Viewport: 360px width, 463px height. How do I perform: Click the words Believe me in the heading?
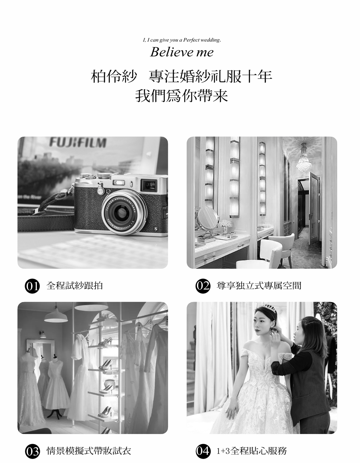182,52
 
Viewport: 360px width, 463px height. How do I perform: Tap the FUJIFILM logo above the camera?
77,142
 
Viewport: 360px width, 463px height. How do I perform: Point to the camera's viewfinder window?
149,185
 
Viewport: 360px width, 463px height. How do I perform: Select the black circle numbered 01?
32,286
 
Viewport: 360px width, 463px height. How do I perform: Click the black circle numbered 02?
203,286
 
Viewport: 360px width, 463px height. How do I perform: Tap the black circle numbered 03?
32,451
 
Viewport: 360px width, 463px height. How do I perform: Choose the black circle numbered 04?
203,451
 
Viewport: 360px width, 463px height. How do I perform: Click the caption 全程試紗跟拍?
75,286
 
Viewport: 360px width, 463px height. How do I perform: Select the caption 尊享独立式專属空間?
259,286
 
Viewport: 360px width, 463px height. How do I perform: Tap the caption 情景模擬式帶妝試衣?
88,451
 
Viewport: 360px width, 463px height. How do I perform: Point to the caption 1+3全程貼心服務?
252,451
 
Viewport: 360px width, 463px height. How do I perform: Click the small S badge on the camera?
156,229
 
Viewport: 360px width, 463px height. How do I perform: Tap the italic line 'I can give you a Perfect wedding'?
182,40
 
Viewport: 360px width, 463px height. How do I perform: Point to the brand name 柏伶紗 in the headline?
113,77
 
